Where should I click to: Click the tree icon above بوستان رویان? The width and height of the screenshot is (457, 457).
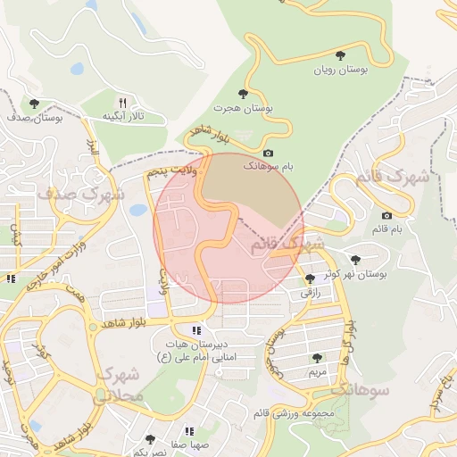click(340, 55)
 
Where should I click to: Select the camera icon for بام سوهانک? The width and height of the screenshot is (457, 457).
click(268, 153)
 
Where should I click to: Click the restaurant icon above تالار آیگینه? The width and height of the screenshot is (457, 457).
click(123, 103)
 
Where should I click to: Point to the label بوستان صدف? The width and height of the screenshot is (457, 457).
click(33, 117)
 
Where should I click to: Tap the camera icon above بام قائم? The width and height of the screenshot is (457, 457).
click(386, 215)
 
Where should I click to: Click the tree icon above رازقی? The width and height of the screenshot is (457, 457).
click(310, 278)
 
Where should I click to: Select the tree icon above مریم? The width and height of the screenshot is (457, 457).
click(317, 358)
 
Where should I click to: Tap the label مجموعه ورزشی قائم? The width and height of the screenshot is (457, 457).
click(294, 413)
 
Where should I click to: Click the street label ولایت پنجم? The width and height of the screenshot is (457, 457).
click(167, 170)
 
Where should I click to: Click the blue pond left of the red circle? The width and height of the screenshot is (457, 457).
click(138, 211)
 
